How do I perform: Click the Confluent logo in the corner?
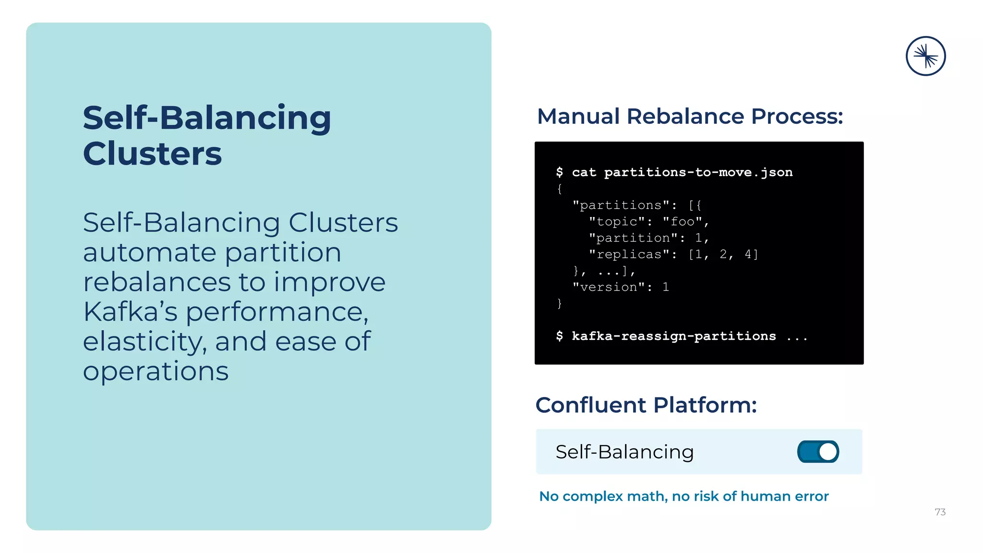(x=925, y=56)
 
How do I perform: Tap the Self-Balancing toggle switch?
(x=818, y=452)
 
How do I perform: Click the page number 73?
(x=940, y=512)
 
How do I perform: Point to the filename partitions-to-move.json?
(x=698, y=172)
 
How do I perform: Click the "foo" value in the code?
(x=682, y=222)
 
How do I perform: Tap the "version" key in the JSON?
(x=608, y=287)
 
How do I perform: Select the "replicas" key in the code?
(x=629, y=254)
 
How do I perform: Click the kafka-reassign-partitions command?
(x=673, y=336)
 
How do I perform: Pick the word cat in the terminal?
(x=584, y=172)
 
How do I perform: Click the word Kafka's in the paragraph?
(x=130, y=312)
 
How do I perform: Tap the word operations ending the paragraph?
(x=156, y=372)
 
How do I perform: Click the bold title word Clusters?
(x=152, y=154)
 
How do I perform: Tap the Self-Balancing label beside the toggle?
(x=624, y=452)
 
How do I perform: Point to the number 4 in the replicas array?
(x=748, y=254)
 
